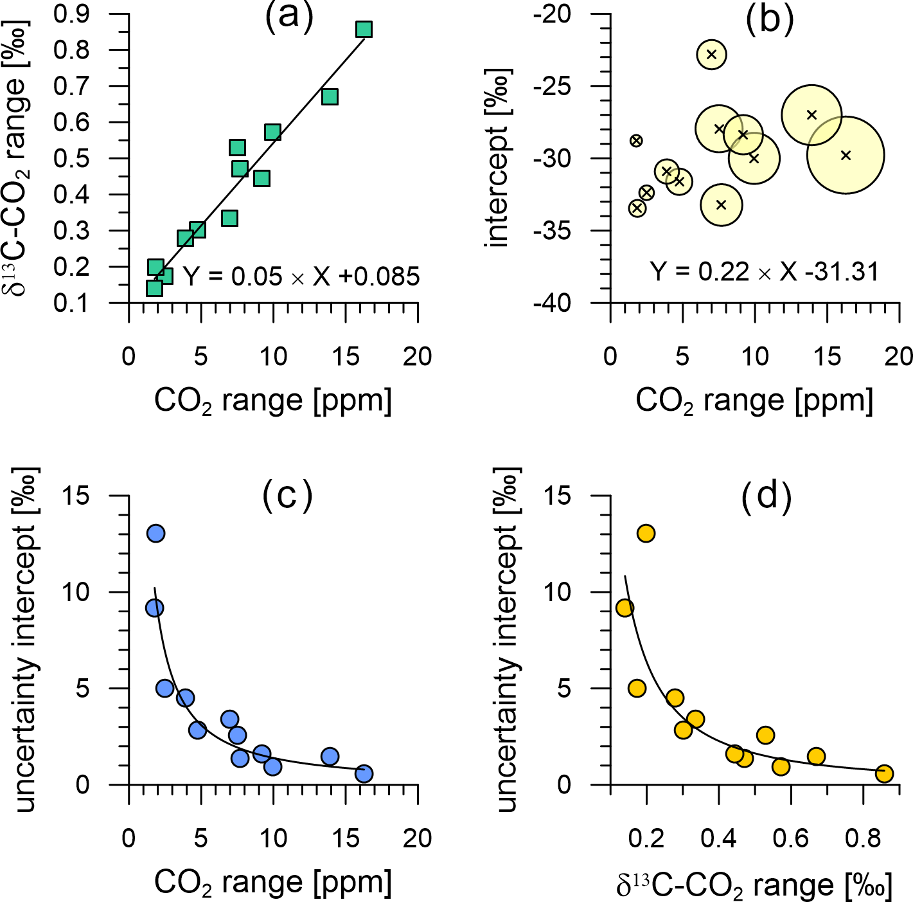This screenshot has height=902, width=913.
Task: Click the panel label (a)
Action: [289, 17]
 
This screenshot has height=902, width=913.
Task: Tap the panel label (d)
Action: [766, 496]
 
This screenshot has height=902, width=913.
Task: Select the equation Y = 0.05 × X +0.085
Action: [301, 276]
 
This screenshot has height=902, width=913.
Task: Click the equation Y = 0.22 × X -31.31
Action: [764, 272]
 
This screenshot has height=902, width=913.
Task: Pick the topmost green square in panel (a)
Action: [364, 30]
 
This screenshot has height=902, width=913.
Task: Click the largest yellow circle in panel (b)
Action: [846, 155]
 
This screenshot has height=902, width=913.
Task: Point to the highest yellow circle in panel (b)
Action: [711, 54]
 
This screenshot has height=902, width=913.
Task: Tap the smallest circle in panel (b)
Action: [636, 140]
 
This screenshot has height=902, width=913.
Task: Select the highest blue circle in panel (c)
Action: [156, 533]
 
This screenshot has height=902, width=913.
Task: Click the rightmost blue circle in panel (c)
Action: [364, 773]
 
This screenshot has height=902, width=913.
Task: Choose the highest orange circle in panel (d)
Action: [646, 533]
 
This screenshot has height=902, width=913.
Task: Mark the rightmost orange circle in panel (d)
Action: [884, 773]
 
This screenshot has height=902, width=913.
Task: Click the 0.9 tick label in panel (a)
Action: [71, 14]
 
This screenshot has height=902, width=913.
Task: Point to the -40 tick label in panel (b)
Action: [552, 303]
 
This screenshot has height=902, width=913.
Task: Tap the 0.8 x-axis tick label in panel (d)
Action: [862, 838]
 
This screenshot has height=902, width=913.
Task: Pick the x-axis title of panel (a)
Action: [273, 401]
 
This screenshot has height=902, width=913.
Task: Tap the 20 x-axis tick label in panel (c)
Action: [418, 838]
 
